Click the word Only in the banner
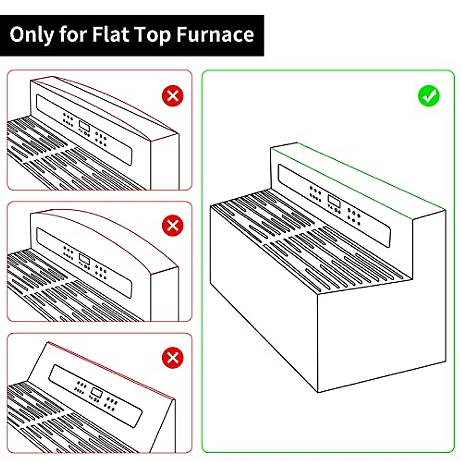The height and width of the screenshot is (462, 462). [32, 35]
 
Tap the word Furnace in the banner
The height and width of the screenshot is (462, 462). [215, 35]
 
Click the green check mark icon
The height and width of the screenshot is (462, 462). [429, 96]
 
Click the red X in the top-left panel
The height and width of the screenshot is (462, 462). [172, 96]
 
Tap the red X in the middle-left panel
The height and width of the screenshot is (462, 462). [172, 226]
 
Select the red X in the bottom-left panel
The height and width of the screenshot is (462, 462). [172, 358]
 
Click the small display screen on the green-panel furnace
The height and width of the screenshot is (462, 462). [333, 201]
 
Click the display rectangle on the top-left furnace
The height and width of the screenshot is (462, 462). [84, 126]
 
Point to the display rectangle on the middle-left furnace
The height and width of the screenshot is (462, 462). [84, 258]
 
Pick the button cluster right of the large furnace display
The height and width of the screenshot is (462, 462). [353, 216]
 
